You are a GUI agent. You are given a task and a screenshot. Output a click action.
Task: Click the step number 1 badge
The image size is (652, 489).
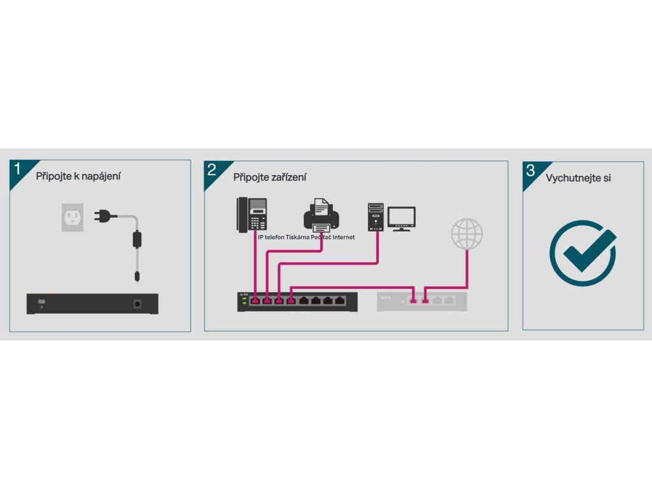18,169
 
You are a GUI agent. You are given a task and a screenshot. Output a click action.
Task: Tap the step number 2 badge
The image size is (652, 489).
212,170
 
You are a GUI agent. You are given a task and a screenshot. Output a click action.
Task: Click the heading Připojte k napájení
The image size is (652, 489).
78,176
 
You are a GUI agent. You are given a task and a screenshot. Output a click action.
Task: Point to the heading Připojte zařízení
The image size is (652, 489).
269,177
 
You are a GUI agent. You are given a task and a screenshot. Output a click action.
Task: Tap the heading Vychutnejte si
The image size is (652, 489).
578,178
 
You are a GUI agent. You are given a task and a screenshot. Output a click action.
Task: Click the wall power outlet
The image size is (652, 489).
73,217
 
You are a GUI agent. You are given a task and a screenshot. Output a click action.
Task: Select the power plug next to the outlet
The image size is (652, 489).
102,216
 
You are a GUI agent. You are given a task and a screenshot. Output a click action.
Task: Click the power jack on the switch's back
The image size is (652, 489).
137,304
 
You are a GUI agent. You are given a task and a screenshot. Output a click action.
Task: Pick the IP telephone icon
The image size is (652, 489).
252,215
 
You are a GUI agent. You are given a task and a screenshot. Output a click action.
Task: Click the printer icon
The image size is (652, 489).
322,215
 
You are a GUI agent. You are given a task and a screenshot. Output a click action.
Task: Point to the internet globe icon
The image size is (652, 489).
467,234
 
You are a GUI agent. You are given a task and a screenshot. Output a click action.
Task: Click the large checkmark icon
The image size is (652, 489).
583,253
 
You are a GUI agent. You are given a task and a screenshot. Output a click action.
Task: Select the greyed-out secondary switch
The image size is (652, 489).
422,301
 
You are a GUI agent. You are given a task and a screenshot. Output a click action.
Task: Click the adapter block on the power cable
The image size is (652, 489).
136,240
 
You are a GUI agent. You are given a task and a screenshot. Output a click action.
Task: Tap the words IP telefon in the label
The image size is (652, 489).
271,237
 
